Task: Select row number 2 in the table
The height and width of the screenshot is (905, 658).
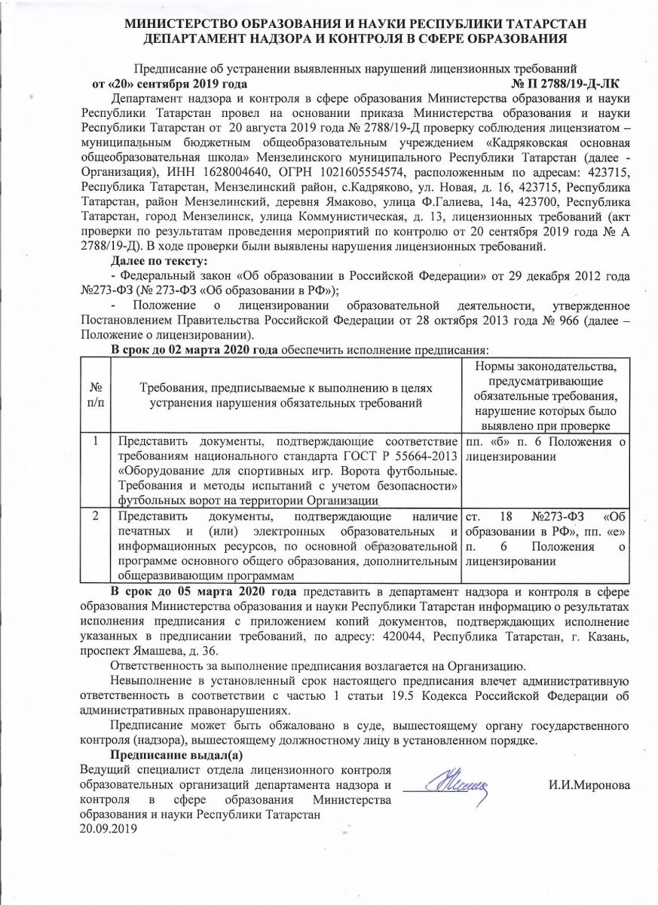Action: [x=96, y=517]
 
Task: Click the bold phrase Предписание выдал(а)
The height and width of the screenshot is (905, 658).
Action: [x=177, y=756]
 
